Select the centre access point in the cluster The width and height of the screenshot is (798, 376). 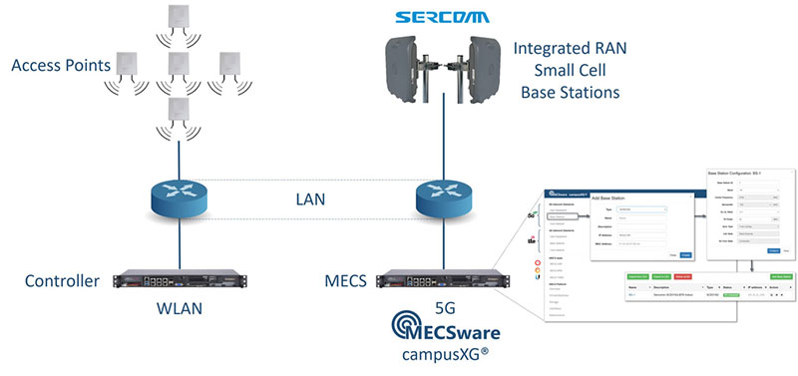pos(180,65)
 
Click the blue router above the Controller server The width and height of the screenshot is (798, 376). pos(181,199)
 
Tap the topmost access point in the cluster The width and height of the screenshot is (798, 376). pos(181,18)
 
